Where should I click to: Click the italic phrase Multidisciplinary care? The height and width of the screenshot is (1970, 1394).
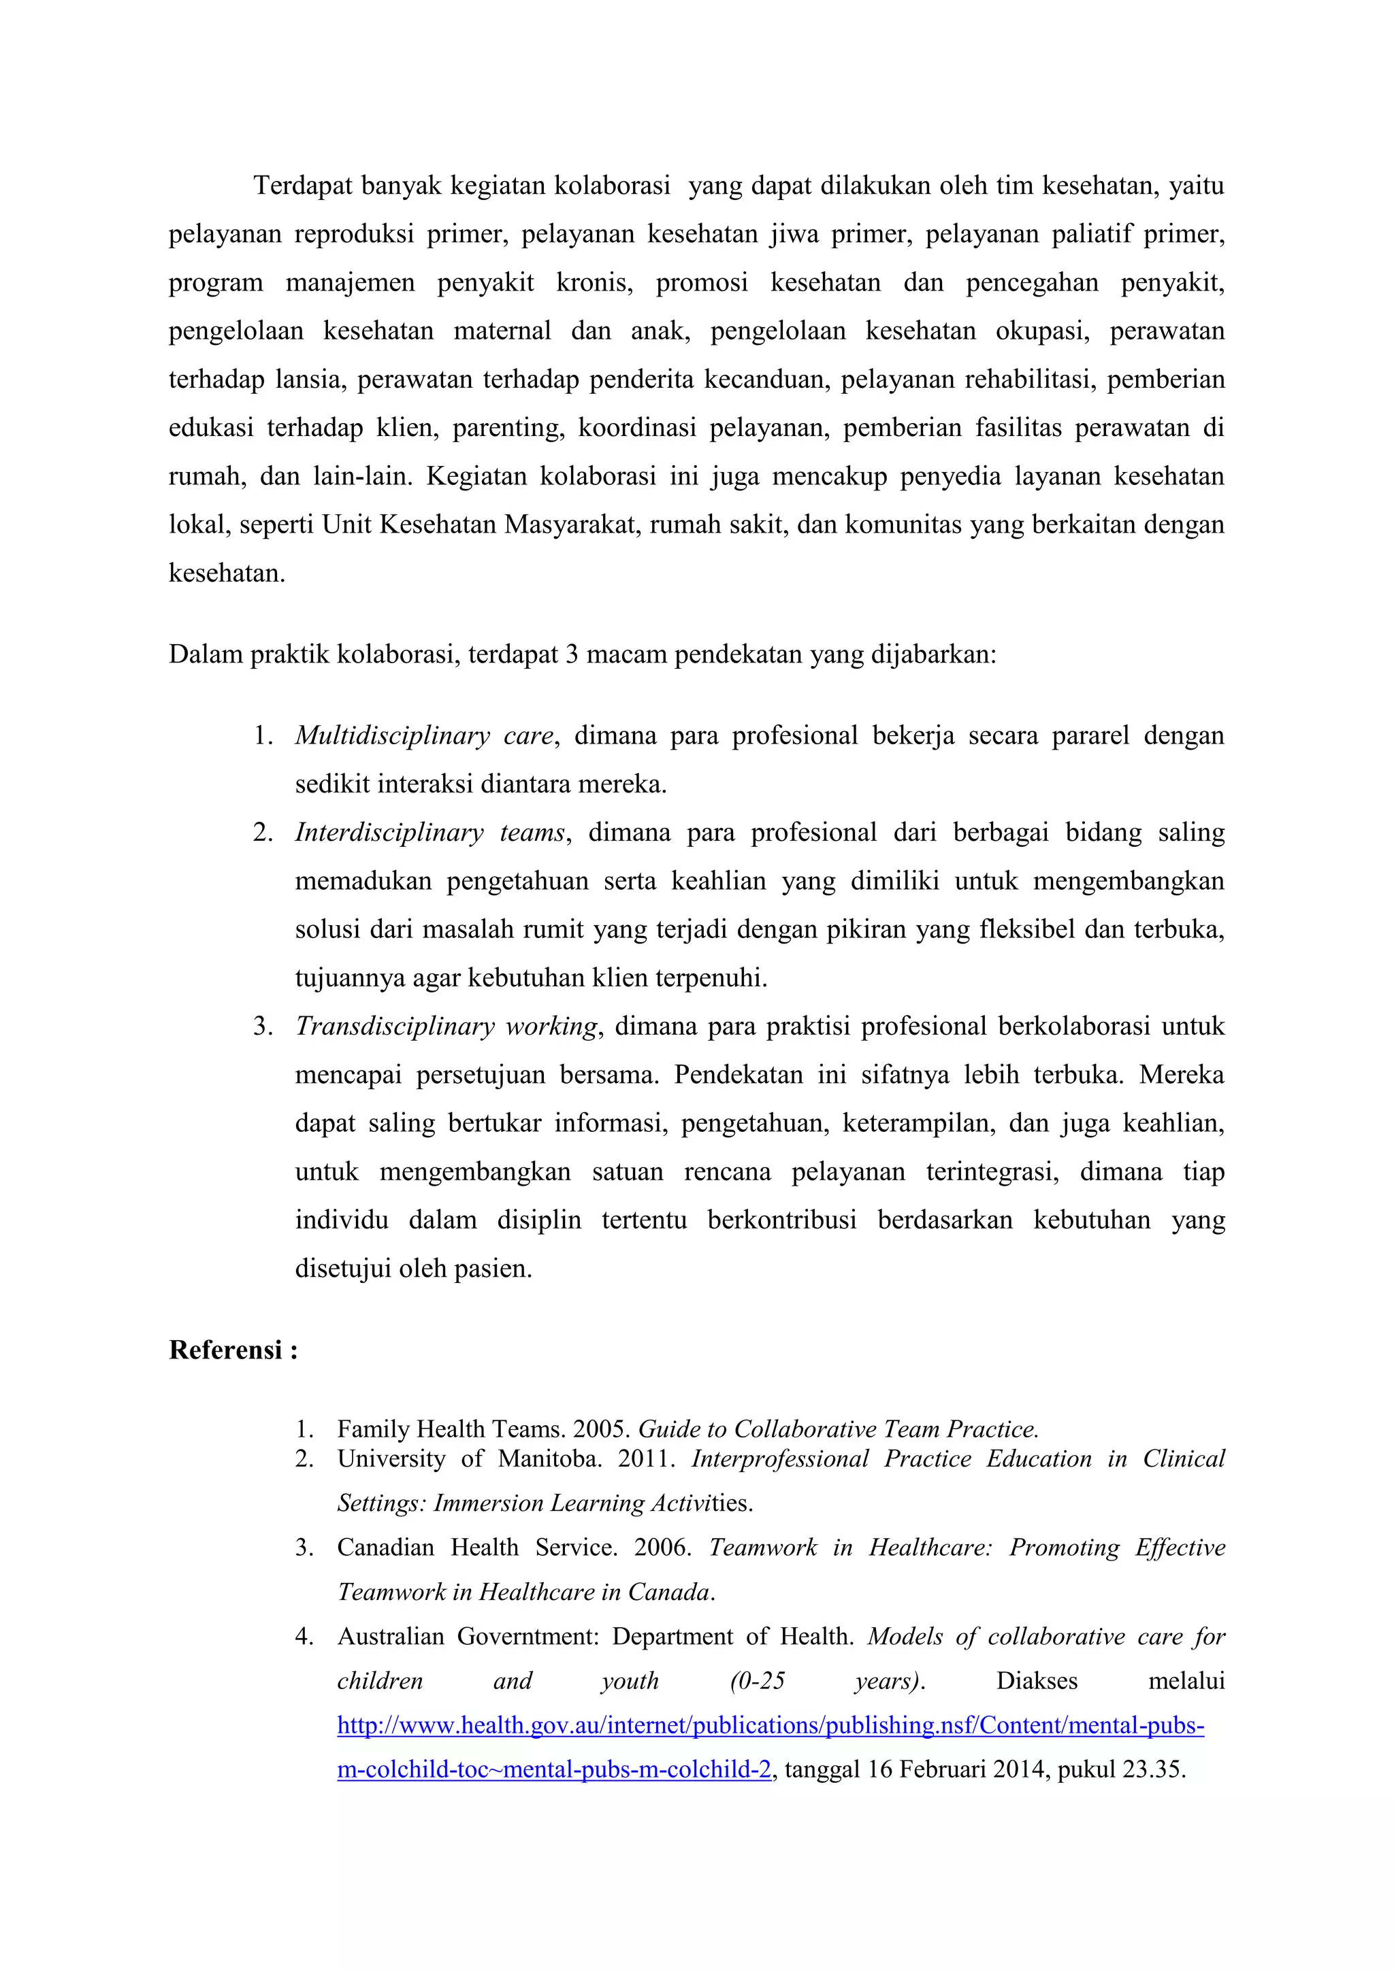pos(424,735)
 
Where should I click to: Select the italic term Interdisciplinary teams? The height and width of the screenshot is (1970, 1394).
pos(430,832)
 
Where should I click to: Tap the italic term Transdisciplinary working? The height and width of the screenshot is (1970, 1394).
pos(447,1026)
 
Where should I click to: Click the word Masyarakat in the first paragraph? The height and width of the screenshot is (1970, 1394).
pos(572,524)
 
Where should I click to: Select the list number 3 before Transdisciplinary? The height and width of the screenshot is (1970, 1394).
pos(262,1026)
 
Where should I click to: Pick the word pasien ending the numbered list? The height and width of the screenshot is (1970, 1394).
pos(500,1269)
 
